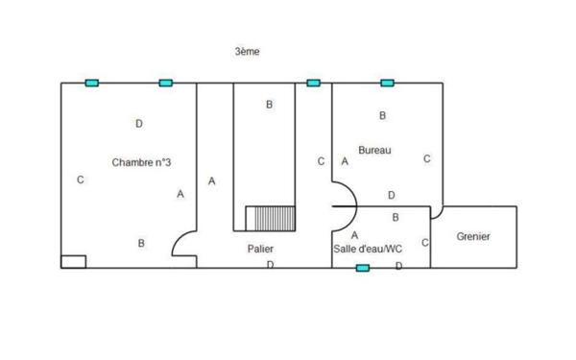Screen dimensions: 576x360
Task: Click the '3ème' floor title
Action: point(247,51)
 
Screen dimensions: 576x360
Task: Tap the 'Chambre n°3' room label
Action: point(141,162)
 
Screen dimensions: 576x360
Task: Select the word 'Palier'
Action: point(260,249)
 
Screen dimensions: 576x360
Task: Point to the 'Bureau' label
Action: point(374,150)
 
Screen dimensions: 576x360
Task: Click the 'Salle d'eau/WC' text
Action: point(367,250)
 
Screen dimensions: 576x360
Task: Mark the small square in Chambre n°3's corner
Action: point(73,260)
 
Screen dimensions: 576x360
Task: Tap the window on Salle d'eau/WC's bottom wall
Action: point(362,268)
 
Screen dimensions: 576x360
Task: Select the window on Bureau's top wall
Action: point(387,84)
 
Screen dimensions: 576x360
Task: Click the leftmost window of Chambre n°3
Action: point(92,84)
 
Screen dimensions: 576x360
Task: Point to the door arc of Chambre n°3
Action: point(182,247)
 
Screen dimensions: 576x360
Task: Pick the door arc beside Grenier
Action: point(437,211)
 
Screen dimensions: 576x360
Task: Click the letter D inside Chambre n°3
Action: point(139,124)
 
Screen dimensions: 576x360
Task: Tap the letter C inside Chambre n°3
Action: point(81,180)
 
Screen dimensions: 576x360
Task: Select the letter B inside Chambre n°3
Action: point(141,244)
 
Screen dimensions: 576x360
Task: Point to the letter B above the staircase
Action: point(270,105)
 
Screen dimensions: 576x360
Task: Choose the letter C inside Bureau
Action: point(426,159)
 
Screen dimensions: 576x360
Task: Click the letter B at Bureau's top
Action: point(383,116)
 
